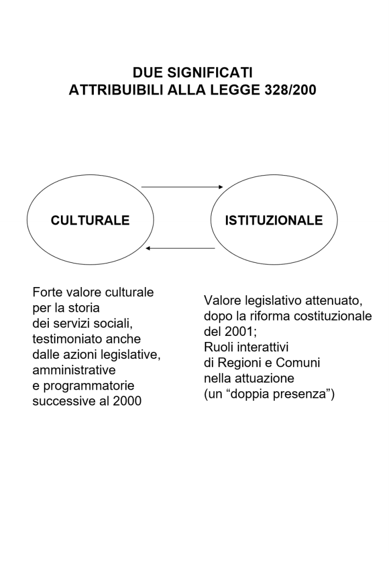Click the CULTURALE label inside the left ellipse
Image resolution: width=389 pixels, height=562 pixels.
point(90,221)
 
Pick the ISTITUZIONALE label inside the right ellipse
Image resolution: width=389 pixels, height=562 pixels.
point(274,221)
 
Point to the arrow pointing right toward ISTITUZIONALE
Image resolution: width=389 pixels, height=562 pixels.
point(181,188)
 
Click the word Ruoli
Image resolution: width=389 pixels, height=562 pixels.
point(219,348)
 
